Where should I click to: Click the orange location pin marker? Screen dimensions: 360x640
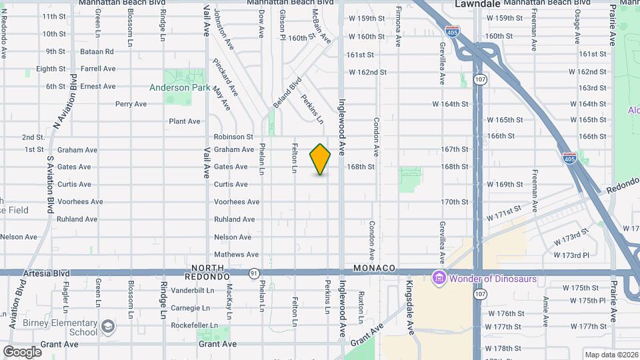pos(320,159)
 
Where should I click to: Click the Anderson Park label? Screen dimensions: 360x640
pos(179,87)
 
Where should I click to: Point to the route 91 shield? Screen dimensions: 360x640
pos(254,273)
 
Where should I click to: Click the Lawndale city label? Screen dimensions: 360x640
pos(479,4)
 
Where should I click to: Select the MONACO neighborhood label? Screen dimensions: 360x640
pos(374,268)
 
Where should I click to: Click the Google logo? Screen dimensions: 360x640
pos(22,351)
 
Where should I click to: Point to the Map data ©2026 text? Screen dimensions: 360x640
pos(610,354)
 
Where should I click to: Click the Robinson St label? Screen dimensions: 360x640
pos(233,137)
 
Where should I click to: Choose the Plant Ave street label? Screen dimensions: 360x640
pos(185,121)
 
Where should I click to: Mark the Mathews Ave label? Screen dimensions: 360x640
pos(236,255)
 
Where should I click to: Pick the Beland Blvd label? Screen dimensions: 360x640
pos(287,95)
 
